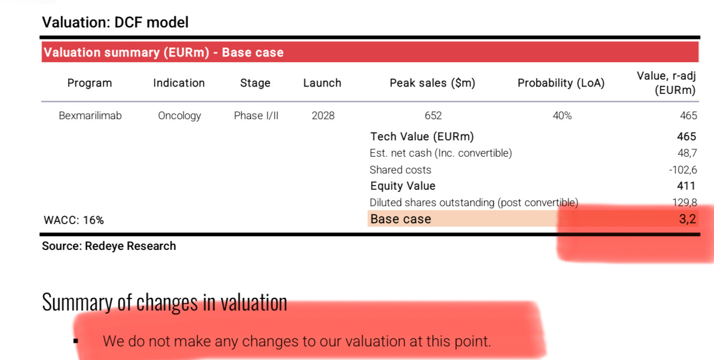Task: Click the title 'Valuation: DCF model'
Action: (115, 23)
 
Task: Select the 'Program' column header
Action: (90, 83)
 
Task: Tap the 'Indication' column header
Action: (179, 83)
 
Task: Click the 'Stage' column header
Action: (255, 83)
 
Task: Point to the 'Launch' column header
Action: (322, 83)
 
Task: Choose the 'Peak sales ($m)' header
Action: (433, 83)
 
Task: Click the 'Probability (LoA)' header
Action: (561, 83)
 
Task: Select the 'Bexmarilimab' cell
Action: (90, 115)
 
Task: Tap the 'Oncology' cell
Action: (180, 116)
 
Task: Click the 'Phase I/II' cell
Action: (256, 115)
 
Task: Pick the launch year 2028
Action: (323, 115)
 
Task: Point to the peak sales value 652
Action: (433, 115)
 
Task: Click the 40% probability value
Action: (562, 115)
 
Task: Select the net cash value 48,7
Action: (687, 153)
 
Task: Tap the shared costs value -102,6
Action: (683, 170)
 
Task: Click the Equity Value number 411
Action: (686, 186)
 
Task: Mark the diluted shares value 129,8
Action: (684, 202)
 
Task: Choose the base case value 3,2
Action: (688, 219)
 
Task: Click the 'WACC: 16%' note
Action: (74, 220)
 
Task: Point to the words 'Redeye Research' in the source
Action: (130, 246)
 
